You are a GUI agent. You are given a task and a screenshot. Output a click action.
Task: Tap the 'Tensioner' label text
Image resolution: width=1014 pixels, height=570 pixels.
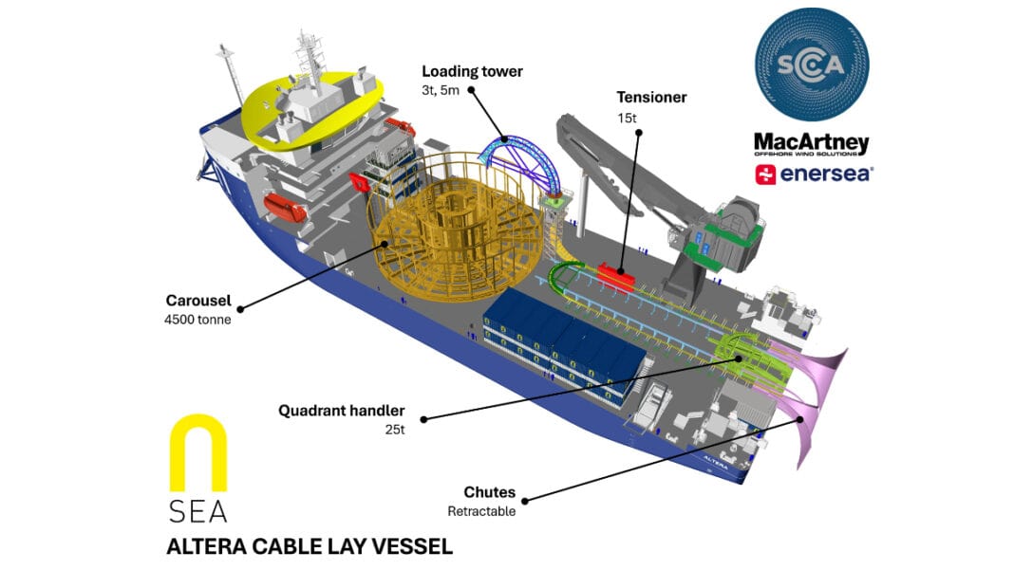(x=651, y=97)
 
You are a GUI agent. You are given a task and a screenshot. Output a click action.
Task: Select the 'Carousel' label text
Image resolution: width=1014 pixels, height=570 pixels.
(x=197, y=302)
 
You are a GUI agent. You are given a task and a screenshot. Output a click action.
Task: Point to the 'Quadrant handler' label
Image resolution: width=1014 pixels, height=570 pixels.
(x=342, y=411)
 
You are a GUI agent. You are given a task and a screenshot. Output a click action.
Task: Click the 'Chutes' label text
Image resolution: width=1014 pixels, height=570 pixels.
(x=489, y=492)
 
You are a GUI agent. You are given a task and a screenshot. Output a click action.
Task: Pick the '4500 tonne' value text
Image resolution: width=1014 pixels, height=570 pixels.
(x=197, y=320)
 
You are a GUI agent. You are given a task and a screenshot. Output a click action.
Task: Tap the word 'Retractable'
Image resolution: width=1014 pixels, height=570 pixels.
(x=481, y=511)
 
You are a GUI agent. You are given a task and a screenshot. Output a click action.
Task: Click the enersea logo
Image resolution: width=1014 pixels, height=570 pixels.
(x=814, y=174)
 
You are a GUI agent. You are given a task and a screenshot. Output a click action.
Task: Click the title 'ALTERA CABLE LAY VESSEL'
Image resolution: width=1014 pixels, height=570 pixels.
(x=310, y=547)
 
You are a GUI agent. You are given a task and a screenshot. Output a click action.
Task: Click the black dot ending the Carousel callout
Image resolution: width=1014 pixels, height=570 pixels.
(x=241, y=308)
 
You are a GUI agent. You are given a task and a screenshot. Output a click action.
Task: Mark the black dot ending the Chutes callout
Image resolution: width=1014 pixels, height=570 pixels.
(x=523, y=497)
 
